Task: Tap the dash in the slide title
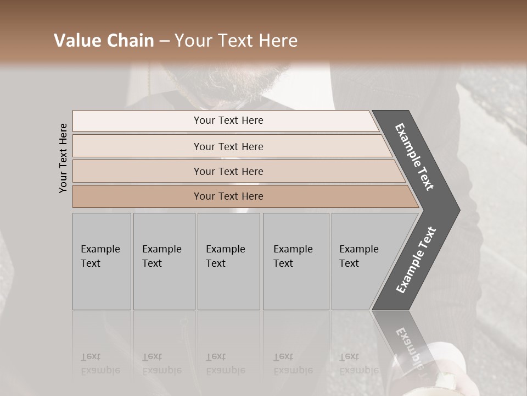tap(164, 41)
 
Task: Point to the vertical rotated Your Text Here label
tap(63, 158)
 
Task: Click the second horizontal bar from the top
tap(228, 146)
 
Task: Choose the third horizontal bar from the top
tap(228, 171)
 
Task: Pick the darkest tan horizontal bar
tap(228, 196)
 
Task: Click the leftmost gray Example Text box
tap(102, 261)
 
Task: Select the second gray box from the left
tap(164, 261)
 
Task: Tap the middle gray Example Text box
tap(228, 261)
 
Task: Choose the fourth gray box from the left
tap(295, 261)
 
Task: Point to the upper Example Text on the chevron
tap(414, 157)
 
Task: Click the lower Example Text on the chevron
tap(416, 260)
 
